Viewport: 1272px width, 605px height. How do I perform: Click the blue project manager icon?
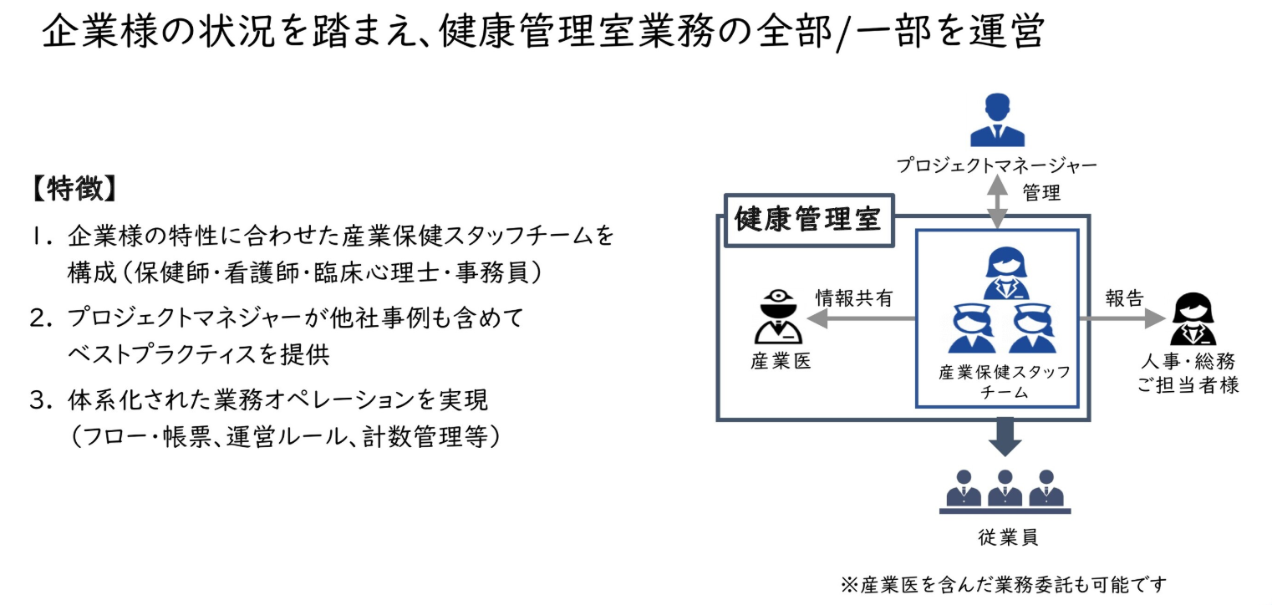[997, 123]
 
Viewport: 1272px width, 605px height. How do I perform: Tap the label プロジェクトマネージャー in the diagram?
[997, 165]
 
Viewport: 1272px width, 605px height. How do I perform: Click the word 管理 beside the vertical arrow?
[1041, 193]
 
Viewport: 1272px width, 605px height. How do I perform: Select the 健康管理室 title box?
[807, 220]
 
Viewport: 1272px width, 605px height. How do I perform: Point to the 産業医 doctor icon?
[777, 318]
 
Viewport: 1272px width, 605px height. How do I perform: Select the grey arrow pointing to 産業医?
[861, 318]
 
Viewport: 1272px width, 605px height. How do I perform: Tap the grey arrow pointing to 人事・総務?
[1120, 318]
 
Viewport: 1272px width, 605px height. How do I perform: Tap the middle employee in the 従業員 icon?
[1005, 488]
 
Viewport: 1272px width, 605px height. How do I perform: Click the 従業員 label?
[1007, 537]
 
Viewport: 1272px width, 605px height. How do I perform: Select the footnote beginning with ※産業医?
[1002, 583]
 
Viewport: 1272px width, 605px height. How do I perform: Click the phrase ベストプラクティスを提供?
[198, 354]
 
